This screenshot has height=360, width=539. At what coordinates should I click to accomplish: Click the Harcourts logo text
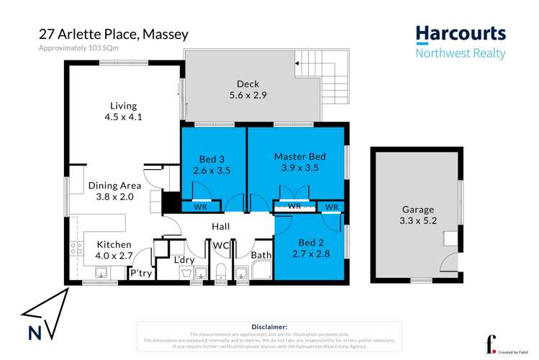pos(461,34)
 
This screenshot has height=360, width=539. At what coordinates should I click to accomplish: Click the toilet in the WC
pos(222,271)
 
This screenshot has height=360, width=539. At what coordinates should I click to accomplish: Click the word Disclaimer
pos(269,326)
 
